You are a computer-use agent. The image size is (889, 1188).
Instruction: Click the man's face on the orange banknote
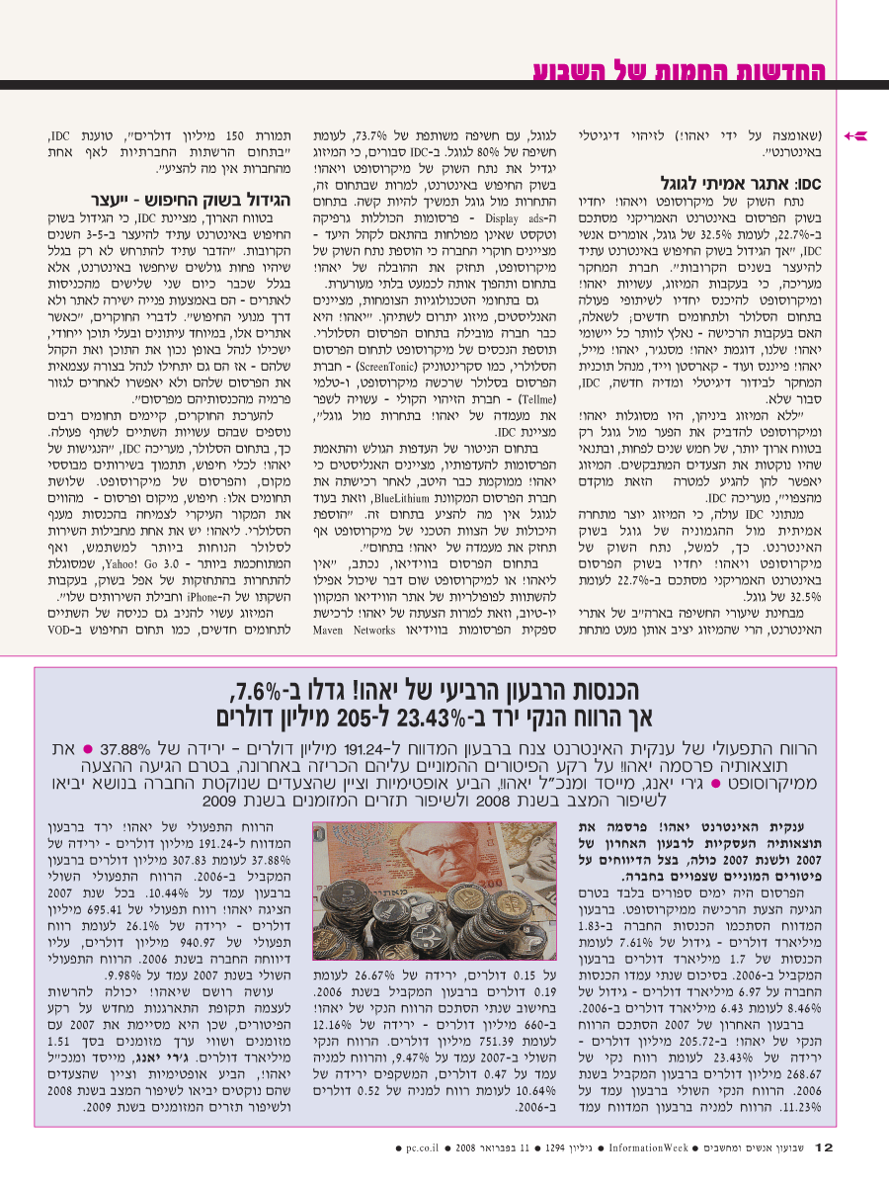[396, 857]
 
